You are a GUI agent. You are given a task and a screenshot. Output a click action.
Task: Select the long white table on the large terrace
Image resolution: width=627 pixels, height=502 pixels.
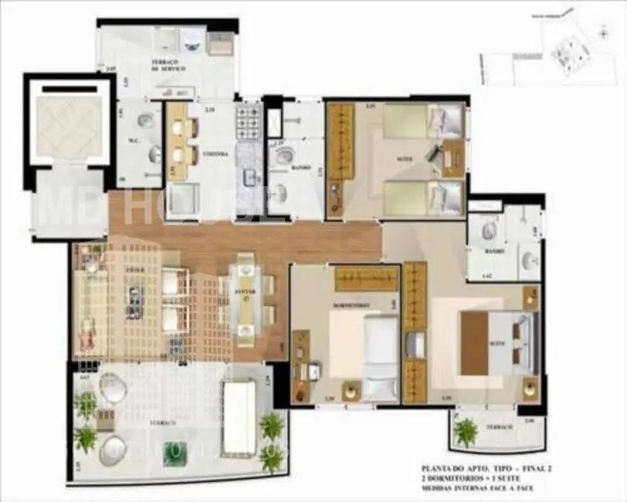239,418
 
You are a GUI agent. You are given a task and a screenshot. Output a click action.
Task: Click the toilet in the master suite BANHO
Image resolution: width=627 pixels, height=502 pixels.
489,230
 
